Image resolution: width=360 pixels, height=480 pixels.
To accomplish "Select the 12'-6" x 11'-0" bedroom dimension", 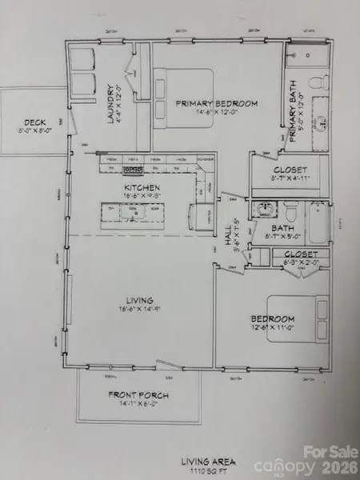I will coord(274,327).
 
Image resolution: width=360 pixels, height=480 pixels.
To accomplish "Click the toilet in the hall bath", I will coord(290,213).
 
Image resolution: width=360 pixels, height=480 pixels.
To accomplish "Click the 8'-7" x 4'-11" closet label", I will coord(286,176).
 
